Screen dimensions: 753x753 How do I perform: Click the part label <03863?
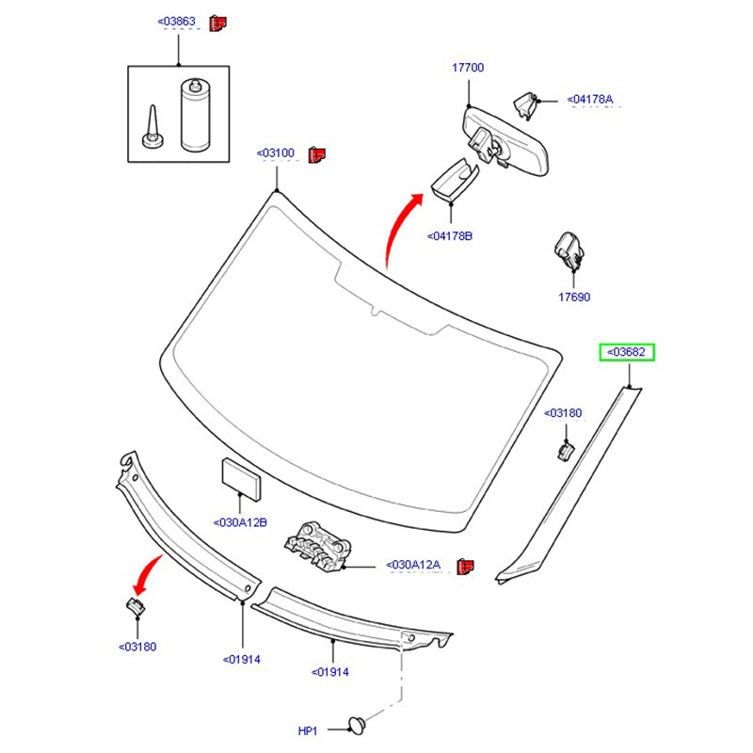click(178, 22)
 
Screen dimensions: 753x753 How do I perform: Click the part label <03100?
click(276, 152)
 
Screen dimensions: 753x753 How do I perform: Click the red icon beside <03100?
click(317, 152)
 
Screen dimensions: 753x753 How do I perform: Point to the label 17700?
click(467, 68)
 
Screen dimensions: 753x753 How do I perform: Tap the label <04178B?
click(449, 235)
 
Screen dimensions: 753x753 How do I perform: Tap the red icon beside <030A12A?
click(465, 566)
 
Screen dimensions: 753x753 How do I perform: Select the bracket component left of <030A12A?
click(316, 544)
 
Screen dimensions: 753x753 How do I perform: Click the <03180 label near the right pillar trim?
click(563, 412)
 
